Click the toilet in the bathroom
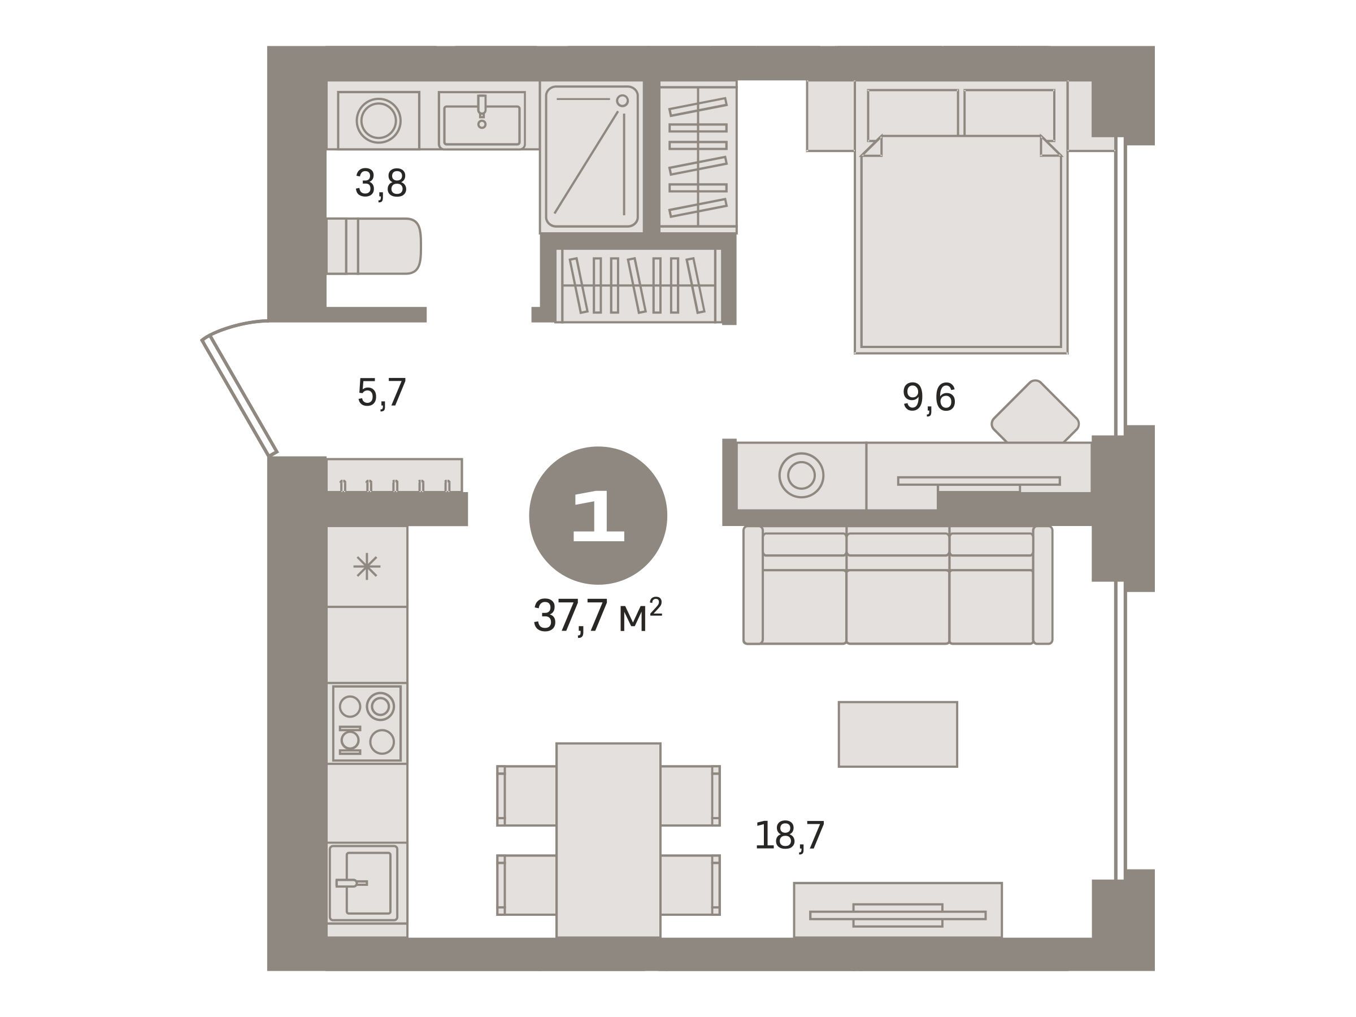[374, 246]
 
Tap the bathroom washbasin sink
[482, 120]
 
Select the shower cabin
[592, 157]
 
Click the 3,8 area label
[381, 184]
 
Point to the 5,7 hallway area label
[381, 393]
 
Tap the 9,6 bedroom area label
[929, 397]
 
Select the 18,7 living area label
[789, 835]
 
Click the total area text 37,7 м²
[598, 615]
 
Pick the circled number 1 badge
[598, 515]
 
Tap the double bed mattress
[961, 244]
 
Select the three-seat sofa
[897, 585]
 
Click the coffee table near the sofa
[897, 734]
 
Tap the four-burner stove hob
[367, 723]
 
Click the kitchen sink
[363, 883]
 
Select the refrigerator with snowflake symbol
[367, 567]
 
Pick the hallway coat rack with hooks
[395, 476]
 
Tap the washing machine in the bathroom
[378, 120]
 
